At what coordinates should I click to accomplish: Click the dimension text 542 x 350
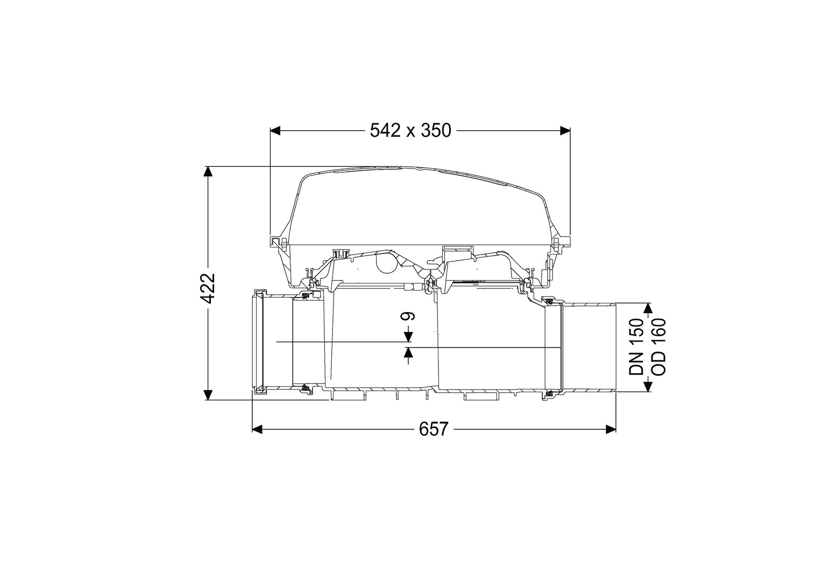pos(410,131)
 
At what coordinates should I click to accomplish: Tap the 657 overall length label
pos(434,429)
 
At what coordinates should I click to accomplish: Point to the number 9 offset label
pos(408,316)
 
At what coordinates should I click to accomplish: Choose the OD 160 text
pos(658,347)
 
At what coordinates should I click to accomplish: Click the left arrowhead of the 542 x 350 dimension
pos(275,131)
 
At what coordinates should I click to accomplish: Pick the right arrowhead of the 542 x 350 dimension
pos(565,131)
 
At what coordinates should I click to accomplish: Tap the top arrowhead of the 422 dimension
pos(208,172)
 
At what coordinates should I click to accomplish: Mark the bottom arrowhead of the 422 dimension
pos(208,395)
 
